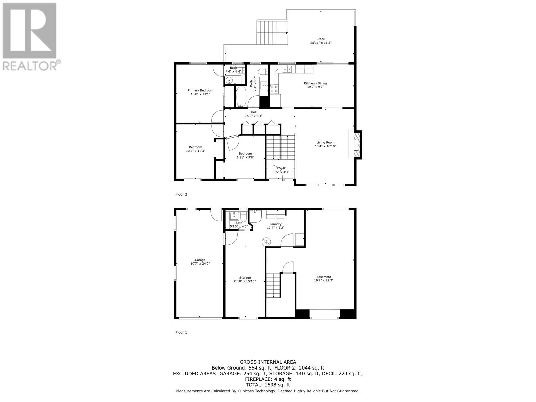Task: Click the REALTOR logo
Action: [31, 37]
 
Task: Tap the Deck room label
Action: [321, 39]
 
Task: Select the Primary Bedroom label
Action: [200, 90]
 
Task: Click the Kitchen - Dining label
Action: [315, 83]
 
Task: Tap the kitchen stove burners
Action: [274, 88]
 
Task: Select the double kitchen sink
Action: [288, 69]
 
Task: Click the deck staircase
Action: [272, 32]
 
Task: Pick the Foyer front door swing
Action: [276, 171]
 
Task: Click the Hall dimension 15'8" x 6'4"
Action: [253, 116]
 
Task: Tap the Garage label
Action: [200, 260]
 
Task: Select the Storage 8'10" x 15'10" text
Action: [245, 281]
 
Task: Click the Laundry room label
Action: [275, 224]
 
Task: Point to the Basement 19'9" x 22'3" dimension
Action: [323, 281]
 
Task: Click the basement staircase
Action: [273, 285]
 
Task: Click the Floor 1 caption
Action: [181, 332]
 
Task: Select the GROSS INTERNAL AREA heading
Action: [268, 362]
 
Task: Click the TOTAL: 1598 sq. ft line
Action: [268, 385]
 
